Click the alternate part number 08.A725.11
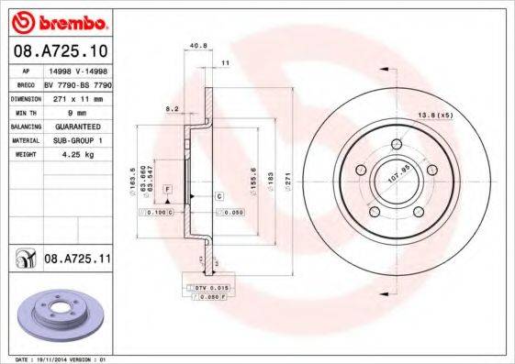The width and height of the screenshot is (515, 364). tap(77, 261)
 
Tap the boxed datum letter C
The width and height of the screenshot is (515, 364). tap(220, 196)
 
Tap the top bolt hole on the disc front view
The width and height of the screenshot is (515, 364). tap(396, 143)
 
